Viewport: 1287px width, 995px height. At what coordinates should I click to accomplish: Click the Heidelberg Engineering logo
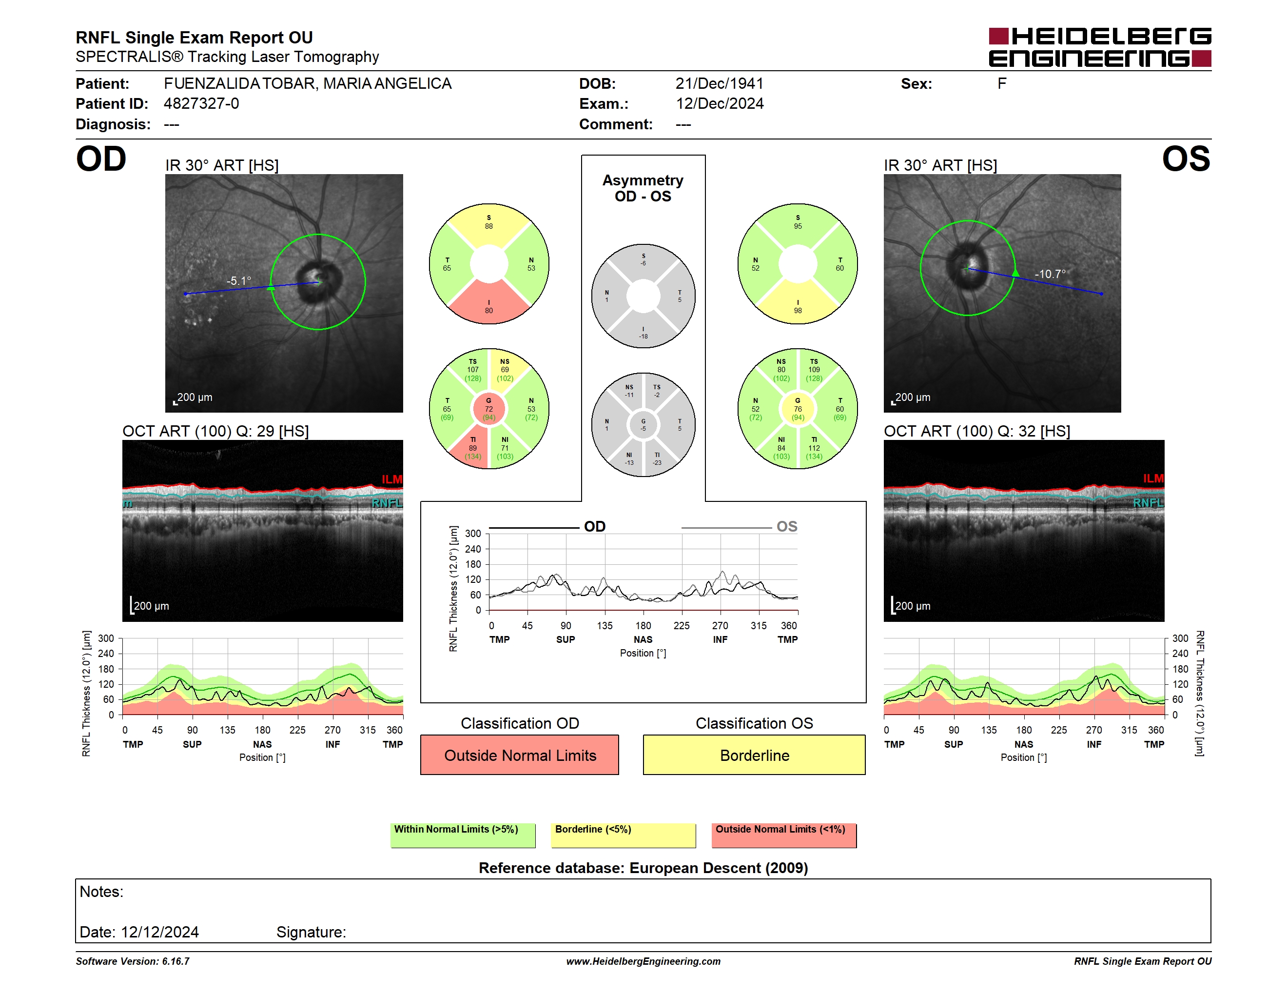click(1100, 47)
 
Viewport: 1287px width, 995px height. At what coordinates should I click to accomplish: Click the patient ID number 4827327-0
click(201, 104)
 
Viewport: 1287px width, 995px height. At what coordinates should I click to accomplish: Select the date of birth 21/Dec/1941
click(719, 84)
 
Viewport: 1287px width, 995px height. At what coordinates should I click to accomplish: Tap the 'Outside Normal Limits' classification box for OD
click(520, 755)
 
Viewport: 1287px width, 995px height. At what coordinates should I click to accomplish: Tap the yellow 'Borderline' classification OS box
click(754, 755)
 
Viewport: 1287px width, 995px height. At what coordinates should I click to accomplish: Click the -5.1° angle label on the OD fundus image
click(239, 280)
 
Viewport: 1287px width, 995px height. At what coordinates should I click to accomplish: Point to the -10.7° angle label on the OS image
click(1050, 274)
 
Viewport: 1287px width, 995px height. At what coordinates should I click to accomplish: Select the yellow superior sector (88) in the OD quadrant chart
click(489, 225)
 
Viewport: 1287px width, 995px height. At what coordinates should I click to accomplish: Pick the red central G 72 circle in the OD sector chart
click(488, 409)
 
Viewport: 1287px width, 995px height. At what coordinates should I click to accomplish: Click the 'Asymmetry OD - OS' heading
click(643, 188)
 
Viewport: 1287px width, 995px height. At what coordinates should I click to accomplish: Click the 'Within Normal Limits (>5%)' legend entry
click(456, 829)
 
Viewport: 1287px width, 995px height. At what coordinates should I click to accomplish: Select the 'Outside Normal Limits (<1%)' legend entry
click(780, 829)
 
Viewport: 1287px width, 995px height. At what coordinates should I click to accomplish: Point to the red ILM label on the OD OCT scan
click(392, 479)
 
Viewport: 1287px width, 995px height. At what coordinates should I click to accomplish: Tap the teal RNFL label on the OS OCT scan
click(1149, 503)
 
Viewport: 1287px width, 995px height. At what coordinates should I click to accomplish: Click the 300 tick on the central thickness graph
click(473, 534)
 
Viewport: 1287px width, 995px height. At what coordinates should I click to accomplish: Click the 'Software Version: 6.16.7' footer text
click(133, 961)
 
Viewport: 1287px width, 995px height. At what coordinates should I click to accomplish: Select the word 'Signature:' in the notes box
click(311, 932)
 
